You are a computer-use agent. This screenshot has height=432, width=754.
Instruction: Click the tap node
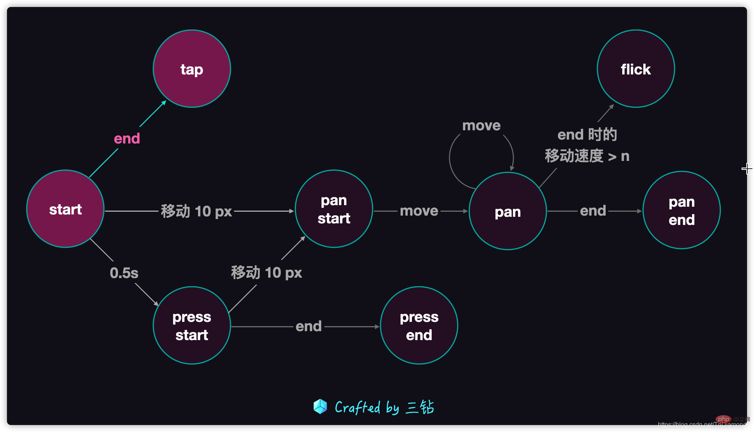[x=192, y=69]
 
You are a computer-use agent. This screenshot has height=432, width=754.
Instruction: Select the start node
[x=65, y=209]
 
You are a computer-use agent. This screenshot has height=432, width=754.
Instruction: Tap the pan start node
[x=334, y=209]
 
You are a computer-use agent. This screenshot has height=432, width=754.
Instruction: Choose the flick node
[x=636, y=69]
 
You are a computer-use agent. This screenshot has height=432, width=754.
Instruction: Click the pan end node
[x=682, y=210]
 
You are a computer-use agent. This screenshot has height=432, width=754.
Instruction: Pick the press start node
[x=192, y=325]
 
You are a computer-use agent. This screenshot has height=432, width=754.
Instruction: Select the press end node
[x=419, y=325]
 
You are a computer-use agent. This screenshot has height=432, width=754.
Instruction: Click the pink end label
[x=127, y=138]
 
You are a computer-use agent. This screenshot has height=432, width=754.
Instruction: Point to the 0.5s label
[x=124, y=273]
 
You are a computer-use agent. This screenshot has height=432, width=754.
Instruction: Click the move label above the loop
[x=482, y=126]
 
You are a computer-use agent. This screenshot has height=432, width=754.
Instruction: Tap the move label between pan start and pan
[x=419, y=211]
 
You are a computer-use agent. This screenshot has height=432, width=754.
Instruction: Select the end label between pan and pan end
[x=593, y=211]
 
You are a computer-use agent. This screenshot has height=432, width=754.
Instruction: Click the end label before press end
[x=309, y=326]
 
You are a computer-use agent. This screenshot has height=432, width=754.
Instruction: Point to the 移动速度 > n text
[x=587, y=156]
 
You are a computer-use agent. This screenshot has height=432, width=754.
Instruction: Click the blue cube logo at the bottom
[x=320, y=406]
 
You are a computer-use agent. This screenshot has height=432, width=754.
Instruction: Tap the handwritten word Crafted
[x=357, y=407]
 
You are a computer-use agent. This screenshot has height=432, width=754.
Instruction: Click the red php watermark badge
[x=723, y=419]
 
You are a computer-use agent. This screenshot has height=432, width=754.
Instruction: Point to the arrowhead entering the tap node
[x=164, y=102]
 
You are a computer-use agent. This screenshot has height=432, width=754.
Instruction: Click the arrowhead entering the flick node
[x=611, y=106]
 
